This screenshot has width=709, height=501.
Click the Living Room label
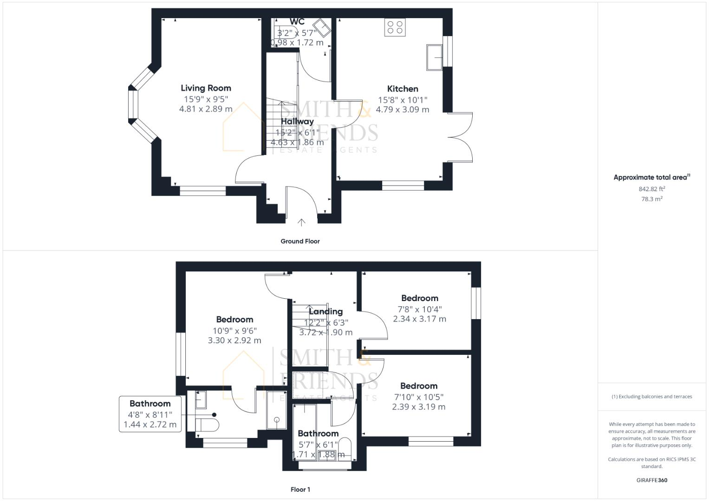206,88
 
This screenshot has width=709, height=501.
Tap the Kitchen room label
403,89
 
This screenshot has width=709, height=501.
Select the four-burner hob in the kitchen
395,27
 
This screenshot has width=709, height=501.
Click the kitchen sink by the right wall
435,58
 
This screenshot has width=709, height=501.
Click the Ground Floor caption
300,241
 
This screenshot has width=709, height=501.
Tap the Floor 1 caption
300,489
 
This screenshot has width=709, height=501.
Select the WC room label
297,22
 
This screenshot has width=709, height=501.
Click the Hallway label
297,122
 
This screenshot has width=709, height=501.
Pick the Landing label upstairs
325,312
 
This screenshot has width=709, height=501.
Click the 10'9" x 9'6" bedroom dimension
234,331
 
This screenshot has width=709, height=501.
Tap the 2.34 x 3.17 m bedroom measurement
419,319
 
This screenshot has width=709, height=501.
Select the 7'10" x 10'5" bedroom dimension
419,397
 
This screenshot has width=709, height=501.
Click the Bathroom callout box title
150,404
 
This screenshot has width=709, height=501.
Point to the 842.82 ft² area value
651,189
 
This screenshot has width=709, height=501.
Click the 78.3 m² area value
651,199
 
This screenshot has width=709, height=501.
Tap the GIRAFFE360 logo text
651,480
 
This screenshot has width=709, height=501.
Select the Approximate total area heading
651,177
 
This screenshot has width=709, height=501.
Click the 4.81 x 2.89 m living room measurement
206,109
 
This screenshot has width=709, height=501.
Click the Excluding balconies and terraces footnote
651,397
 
